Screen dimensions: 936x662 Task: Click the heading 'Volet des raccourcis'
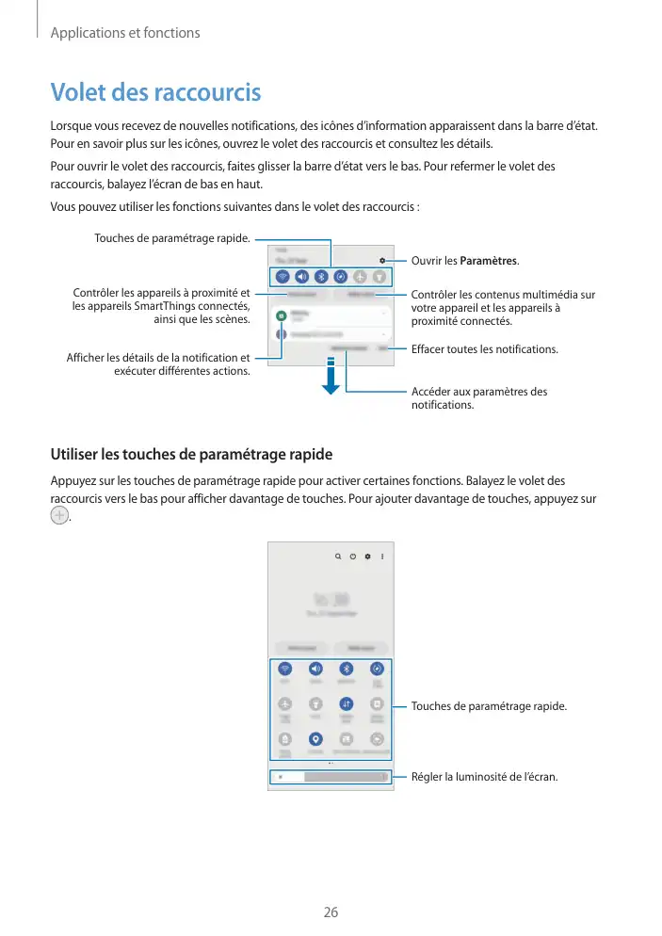point(155,93)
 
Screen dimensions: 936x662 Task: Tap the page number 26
point(331,912)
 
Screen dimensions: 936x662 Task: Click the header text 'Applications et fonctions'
point(124,33)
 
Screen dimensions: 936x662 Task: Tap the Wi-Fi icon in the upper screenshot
point(283,277)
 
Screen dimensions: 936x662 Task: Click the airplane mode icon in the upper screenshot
point(359,277)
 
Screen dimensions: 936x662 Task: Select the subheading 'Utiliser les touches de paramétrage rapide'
point(191,455)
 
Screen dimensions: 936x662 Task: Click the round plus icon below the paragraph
point(59,517)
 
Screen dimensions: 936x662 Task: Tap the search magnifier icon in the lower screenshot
point(337,557)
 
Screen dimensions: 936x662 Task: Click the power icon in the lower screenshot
point(352,557)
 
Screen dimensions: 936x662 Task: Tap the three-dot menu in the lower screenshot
point(382,557)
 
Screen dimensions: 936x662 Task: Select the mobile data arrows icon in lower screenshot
point(347,702)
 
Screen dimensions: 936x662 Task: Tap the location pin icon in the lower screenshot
point(315,739)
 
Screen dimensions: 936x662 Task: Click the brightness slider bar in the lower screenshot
point(331,777)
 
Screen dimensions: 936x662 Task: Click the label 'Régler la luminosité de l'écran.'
point(484,777)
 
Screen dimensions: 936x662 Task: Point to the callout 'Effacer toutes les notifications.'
point(485,349)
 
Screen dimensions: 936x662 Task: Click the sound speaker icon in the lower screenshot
point(315,669)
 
